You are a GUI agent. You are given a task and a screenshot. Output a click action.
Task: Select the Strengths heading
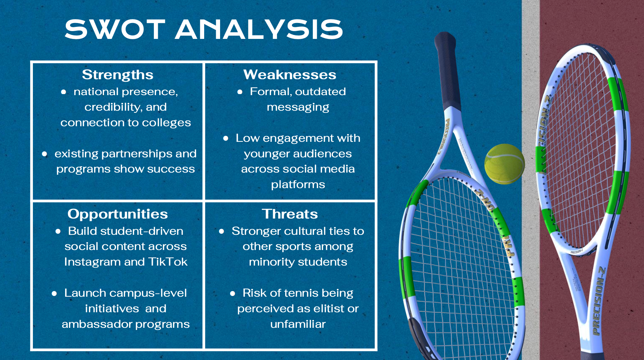coord(117,75)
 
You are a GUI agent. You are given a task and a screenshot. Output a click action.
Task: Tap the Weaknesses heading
coord(290,75)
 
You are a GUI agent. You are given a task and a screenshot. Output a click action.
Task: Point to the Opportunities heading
coord(117,214)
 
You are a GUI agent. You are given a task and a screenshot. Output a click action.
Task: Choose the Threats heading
coord(290,214)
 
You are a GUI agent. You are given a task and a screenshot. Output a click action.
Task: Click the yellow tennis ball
coord(505,164)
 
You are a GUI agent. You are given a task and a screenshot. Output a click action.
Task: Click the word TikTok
coord(168,262)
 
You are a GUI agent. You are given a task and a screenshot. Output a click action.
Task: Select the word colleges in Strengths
coord(166,122)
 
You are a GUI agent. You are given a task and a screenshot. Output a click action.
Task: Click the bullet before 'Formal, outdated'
coord(240,92)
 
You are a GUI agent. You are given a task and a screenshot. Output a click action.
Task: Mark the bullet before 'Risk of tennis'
coord(232,293)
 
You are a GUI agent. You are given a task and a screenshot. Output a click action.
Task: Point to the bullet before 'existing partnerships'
coord(45,154)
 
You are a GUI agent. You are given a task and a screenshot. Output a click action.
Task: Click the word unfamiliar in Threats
coord(298,324)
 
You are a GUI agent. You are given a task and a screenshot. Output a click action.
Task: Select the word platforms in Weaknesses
coord(298,185)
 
